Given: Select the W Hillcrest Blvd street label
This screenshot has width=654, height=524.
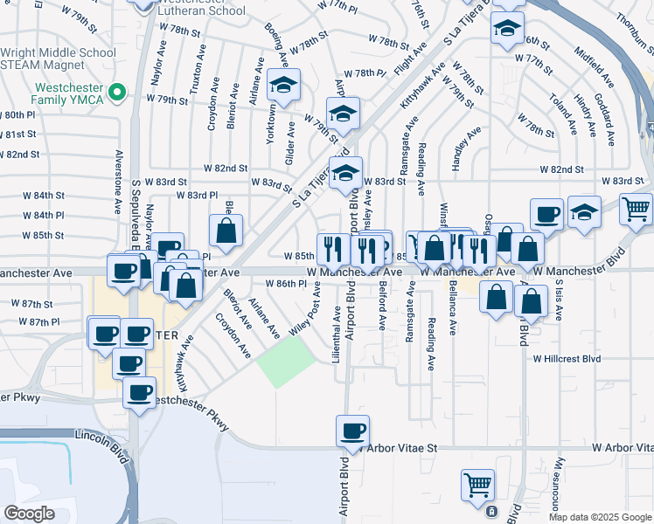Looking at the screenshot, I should [x=567, y=359].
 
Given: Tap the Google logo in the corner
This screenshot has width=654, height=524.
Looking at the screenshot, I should [x=28, y=514].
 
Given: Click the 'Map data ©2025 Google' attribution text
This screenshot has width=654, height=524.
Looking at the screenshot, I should [x=600, y=517].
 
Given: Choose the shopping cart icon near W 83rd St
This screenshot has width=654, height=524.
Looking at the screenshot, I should [x=636, y=209].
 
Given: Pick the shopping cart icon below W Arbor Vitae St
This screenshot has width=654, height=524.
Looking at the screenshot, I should [x=477, y=484].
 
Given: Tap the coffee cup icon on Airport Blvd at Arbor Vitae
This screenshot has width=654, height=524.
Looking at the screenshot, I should [x=353, y=431].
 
